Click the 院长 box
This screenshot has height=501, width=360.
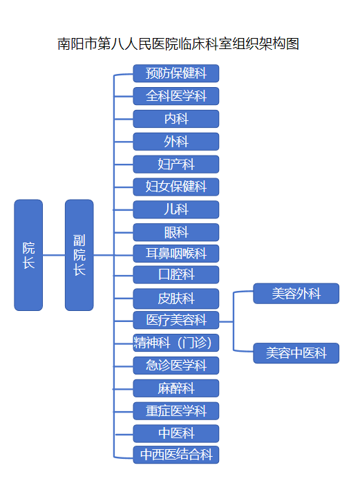point(28,255)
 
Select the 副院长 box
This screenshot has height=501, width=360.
point(79,255)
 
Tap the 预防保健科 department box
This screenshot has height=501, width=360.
point(176,73)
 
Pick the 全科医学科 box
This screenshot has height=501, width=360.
point(176,96)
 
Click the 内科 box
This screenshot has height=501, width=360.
point(176,119)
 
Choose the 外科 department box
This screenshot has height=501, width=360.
point(176,142)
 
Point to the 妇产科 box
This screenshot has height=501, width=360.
point(176,164)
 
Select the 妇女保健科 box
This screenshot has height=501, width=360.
point(176,187)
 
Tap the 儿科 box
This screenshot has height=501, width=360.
point(176,209)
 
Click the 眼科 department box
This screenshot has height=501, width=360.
point(176,232)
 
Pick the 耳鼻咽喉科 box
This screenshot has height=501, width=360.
point(176,253)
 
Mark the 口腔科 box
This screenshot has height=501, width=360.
point(176,274)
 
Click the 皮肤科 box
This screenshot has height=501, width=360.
point(176,299)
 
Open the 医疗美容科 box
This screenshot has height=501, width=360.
point(176,320)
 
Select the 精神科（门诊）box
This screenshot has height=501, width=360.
point(176,342)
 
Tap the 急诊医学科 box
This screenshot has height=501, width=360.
point(176,365)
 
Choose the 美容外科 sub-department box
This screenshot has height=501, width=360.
point(296,294)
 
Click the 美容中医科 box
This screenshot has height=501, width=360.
point(296,353)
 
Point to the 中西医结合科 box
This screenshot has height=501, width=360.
point(176,455)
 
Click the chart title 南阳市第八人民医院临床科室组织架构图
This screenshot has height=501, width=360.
point(179,44)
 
